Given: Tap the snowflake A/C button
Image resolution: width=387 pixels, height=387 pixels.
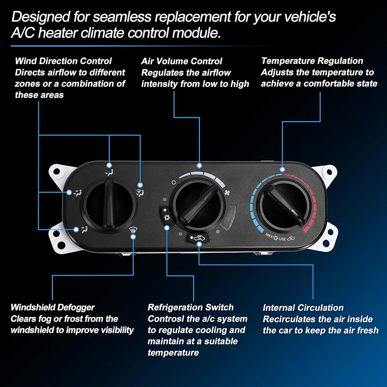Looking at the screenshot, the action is (x=166, y=217).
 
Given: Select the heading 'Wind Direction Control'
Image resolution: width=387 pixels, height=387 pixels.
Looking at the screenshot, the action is (x=63, y=61).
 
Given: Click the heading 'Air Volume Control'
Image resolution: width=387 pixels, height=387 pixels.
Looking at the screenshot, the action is (x=182, y=61).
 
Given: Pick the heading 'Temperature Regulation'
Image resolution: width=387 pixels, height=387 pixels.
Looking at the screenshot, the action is (x=312, y=61).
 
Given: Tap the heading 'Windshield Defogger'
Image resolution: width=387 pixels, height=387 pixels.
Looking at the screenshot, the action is (x=53, y=308).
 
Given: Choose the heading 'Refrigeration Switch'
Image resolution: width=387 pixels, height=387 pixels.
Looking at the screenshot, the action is (x=190, y=308).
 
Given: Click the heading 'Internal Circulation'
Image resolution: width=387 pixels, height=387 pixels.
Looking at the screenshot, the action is (x=303, y=308).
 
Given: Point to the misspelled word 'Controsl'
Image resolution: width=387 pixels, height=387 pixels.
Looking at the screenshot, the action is (x=167, y=319).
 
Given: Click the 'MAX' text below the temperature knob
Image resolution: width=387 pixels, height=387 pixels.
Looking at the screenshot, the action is (x=270, y=235).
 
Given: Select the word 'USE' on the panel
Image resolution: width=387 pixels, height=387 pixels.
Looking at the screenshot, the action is (x=282, y=239).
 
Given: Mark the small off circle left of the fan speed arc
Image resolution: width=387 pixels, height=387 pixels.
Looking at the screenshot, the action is (x=174, y=182).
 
